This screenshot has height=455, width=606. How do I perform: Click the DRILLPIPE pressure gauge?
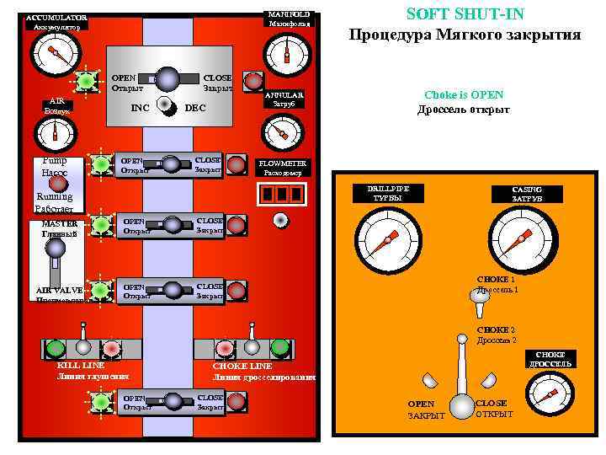[387, 239]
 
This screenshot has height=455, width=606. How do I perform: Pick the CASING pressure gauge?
[523, 239]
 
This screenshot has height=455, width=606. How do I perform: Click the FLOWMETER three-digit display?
[281, 194]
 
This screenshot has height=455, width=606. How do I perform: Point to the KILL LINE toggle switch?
[82, 345]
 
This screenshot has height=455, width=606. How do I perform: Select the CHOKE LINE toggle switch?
[251, 345]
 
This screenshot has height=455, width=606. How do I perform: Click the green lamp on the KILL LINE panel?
[56, 347]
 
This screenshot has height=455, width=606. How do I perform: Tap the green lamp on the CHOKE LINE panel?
[279, 347]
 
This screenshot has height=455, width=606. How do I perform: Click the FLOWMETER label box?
[283, 167]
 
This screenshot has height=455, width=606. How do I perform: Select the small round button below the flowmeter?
[281, 220]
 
